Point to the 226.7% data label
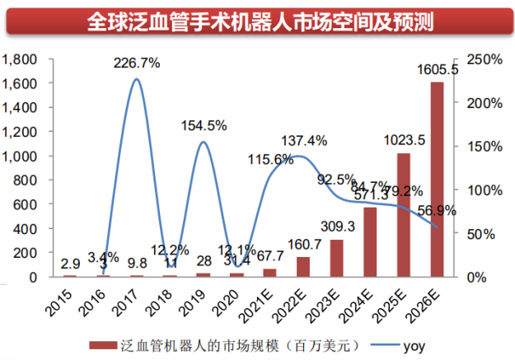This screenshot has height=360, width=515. point(138,62)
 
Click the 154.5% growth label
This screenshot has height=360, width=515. point(204,125)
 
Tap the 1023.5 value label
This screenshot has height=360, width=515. point(404,140)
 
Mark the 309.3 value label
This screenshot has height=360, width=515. point(336,226)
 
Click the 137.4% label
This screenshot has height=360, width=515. point(304,139)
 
